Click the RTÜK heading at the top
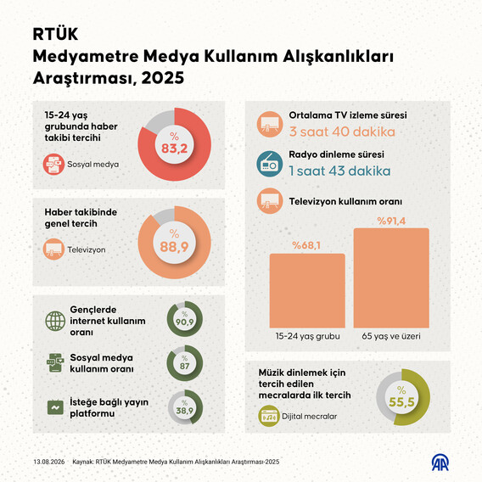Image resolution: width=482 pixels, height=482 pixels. pos(55,34)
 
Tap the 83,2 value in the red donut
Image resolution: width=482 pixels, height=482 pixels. pos(174,149)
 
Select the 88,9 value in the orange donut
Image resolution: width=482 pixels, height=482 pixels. pos(174,247)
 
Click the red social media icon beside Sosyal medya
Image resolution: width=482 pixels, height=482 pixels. pos(53,164)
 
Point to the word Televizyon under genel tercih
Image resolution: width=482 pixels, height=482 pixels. pos(87,249)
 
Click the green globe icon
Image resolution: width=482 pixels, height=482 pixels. pos(55,321)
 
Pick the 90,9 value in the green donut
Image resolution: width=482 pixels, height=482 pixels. pos(184,322)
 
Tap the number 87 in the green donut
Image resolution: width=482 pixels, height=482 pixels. pos(184,366)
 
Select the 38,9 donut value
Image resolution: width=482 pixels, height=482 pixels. pos(184,411)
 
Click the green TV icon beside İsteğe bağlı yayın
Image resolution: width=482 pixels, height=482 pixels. pos(55,407)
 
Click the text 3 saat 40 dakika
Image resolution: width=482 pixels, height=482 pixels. pos(342,132)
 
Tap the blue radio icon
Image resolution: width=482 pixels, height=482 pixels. pos(270,164)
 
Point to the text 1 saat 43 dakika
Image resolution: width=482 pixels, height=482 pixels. pos(339,171)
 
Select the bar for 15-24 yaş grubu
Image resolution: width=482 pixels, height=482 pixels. pos(307,291)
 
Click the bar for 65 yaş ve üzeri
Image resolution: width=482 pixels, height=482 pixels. pos(391,278)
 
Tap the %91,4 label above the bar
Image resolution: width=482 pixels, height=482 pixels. pos(391,221)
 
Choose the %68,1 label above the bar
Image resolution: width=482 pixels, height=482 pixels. pos(306,245)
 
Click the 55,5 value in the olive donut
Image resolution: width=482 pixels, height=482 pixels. pos(401,401)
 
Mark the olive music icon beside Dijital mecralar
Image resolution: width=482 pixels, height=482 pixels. pos(269,416)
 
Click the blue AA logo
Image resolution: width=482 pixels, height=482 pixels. pos(440,462)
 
